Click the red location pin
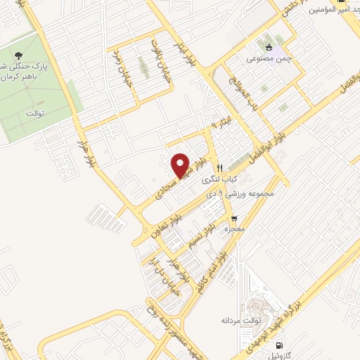click(x=181, y=165)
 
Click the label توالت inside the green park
click(x=34, y=112)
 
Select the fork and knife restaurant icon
click(x=219, y=168)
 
